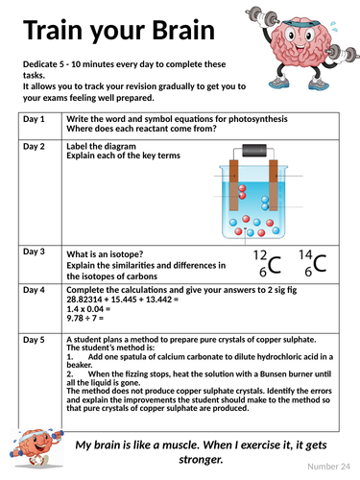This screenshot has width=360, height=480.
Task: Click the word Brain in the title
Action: pos(183,30)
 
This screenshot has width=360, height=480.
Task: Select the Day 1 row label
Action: pos(34,119)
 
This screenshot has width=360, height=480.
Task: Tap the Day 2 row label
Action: pos(34,147)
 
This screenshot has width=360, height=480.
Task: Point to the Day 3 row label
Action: pos(34,252)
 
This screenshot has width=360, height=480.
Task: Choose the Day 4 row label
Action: pos(34,290)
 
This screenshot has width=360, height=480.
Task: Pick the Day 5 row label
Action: pos(34,340)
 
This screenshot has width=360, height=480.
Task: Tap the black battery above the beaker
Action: pos(254,151)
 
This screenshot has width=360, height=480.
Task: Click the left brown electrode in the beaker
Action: pos(234,185)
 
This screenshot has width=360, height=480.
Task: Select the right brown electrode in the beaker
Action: pos(274,185)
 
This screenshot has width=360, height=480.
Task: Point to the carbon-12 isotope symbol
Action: pos(267,263)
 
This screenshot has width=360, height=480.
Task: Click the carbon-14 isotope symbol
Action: pos(313,263)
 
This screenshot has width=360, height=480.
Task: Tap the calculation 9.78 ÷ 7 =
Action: pos(85,318)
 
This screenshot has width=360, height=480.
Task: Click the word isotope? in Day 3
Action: pos(127,254)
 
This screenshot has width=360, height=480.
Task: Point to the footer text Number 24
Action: pos(328,467)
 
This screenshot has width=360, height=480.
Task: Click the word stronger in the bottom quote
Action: pos(201,460)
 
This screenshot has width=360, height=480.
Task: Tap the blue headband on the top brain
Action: pos(301,23)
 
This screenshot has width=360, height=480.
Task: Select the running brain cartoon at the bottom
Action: pos(36,448)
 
